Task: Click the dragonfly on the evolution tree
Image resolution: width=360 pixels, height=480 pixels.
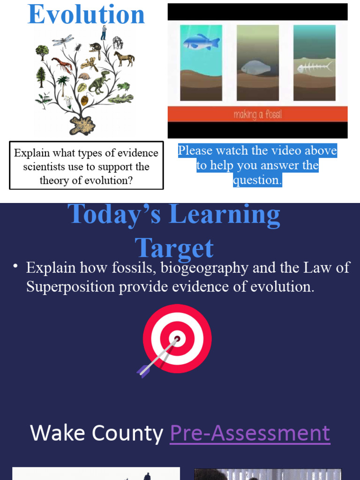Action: pos(63,40)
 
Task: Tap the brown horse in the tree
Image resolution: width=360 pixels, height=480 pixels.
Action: pos(124,58)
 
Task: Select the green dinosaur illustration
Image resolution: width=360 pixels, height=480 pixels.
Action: pos(99,82)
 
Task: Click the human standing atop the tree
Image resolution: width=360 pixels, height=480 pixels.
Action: pos(104,33)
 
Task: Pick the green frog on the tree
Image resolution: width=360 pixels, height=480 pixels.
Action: pos(124,87)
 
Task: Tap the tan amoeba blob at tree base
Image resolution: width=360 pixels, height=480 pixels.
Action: pos(82,125)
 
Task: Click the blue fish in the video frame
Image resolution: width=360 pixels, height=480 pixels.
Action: pos(201,43)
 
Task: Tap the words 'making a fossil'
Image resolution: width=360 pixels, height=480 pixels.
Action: pos(257,114)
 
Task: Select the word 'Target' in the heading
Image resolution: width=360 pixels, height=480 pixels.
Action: pos(174,248)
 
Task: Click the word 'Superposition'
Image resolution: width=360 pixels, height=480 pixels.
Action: pos(70,286)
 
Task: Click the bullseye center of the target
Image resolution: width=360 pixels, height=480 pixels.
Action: pos(177,338)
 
